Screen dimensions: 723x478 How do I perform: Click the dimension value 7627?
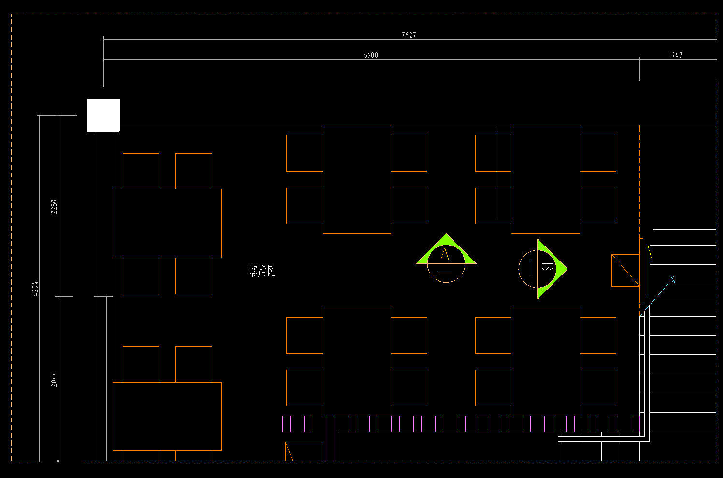click(x=409, y=35)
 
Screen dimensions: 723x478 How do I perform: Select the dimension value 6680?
click(x=370, y=55)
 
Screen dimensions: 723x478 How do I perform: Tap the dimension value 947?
click(x=677, y=55)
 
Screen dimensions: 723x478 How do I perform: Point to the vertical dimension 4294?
click(x=35, y=289)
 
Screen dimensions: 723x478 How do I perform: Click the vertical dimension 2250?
click(x=54, y=206)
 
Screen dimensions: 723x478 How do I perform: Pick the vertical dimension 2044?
click(x=54, y=379)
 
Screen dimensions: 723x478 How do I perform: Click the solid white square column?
click(x=103, y=116)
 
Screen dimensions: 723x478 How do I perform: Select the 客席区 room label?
click(x=262, y=271)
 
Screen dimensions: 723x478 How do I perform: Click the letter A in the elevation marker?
click(x=445, y=254)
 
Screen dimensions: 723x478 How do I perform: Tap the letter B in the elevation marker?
click(x=547, y=266)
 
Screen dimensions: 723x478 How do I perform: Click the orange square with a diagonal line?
click(x=625, y=270)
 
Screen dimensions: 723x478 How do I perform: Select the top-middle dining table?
click(x=356, y=179)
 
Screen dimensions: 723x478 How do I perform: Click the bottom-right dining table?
click(x=545, y=362)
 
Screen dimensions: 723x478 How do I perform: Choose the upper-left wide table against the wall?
click(x=167, y=223)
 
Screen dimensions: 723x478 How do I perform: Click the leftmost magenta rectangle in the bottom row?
click(x=286, y=424)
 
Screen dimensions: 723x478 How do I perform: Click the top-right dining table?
click(x=545, y=179)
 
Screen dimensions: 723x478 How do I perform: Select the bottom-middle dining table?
click(x=356, y=362)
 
